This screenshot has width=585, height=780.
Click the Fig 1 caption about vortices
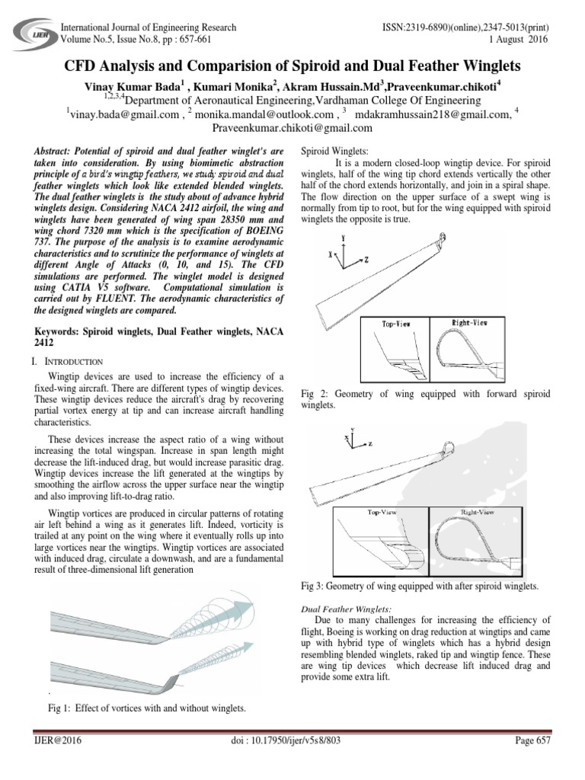[x=147, y=708]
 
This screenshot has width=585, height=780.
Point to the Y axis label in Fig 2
[x=344, y=238]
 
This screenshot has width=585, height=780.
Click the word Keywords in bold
[x=62, y=332]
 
